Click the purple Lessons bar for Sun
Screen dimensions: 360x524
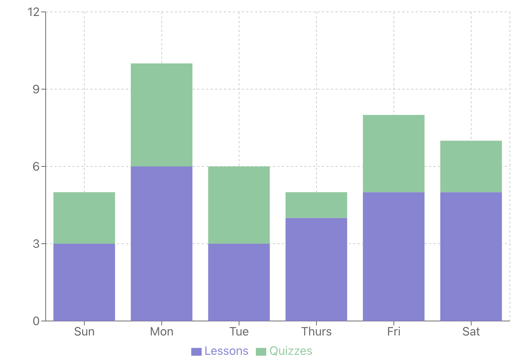pos(84,282)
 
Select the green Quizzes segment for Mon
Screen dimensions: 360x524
pos(162,115)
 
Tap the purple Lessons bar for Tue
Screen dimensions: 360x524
pos(239,282)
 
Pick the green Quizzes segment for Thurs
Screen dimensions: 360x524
pos(316,205)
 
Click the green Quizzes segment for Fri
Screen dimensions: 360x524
pos(394,153)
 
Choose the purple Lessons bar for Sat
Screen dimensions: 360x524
pos(471,256)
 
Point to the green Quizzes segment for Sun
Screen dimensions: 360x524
pos(84,218)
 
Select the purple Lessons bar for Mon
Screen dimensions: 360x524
pos(162,243)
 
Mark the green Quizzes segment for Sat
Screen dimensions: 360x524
pos(471,166)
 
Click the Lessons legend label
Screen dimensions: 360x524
pos(226,351)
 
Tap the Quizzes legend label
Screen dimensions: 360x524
pos(291,351)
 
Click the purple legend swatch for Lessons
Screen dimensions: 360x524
pos(196,351)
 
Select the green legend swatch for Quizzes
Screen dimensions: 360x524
pos(261,351)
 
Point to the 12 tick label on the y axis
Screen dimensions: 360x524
pos(34,12)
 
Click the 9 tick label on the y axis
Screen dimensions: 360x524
pos(36,89)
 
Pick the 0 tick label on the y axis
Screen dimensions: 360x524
pos(36,321)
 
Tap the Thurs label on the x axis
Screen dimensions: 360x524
pos(316,331)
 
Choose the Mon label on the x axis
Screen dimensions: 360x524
pos(162,331)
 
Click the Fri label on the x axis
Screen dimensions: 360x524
pos(394,331)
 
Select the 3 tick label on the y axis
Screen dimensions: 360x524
pos(36,244)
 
